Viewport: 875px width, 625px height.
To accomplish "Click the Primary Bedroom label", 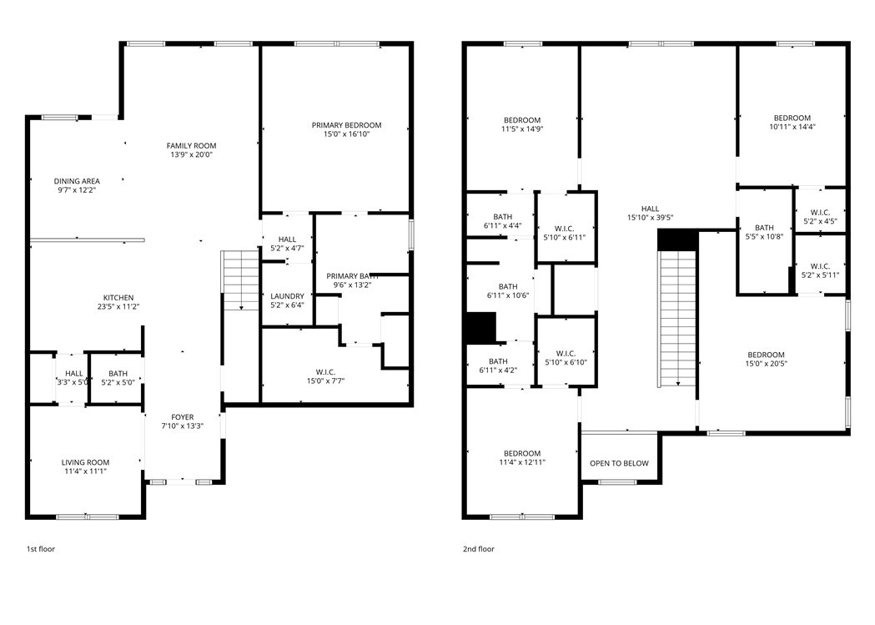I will tap(346, 125).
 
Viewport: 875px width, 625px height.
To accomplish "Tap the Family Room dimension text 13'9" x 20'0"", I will tap(191, 155).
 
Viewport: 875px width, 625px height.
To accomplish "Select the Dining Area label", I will tap(77, 181).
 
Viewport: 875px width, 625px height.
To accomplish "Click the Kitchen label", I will tap(118, 298).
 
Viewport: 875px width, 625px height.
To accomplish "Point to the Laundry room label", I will tap(287, 295).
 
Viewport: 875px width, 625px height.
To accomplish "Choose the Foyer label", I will tap(182, 417).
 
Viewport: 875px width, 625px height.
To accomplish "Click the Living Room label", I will tap(85, 462).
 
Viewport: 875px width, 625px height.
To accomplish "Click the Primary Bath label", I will tap(352, 276).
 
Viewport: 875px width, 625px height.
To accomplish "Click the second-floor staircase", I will tap(677, 318).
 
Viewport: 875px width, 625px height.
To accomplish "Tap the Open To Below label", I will tap(619, 464).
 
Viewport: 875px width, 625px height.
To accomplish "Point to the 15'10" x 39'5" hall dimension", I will tap(650, 219).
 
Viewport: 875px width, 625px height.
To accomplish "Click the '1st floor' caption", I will tap(41, 549).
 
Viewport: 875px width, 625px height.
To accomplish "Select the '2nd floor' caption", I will tap(479, 549).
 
